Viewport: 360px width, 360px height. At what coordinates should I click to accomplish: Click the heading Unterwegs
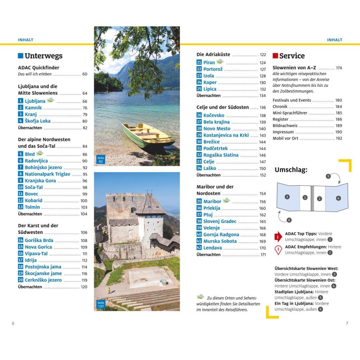pos(43,56)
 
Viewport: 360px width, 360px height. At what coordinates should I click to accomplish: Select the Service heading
pos(292,56)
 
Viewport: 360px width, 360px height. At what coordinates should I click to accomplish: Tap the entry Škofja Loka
pos(38,121)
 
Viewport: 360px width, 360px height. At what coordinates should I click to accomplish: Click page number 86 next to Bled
pos(85,154)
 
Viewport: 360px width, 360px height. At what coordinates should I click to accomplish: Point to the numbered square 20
pos(20,280)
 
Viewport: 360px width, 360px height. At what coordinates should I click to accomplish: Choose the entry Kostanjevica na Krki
pos(226,135)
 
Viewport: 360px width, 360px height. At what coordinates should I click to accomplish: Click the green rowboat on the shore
pos(147,135)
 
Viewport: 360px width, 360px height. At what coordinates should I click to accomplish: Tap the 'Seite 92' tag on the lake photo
pos(101,160)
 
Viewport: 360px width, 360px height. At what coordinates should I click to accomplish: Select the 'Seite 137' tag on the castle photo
pos(101,304)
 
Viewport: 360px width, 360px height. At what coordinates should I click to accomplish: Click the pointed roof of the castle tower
pos(150,204)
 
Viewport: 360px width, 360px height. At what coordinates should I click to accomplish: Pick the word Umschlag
pos(291,170)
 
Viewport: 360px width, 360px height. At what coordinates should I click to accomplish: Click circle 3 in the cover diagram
pos(287,197)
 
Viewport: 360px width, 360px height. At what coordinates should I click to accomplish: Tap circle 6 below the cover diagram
pos(289,220)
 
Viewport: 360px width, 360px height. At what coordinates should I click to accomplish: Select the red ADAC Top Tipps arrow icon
pos(278,237)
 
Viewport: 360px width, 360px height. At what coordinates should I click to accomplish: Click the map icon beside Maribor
pos(226,200)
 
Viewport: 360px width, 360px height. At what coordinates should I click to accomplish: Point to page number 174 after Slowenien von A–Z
pos(339,68)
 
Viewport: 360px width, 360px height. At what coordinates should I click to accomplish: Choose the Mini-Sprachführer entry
pos(290,113)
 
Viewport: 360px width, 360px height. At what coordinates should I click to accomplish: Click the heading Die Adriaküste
pos(213,54)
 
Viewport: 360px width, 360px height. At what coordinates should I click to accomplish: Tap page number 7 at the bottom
pos(347,323)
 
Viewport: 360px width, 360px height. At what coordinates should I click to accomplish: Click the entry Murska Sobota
pos(220,241)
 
